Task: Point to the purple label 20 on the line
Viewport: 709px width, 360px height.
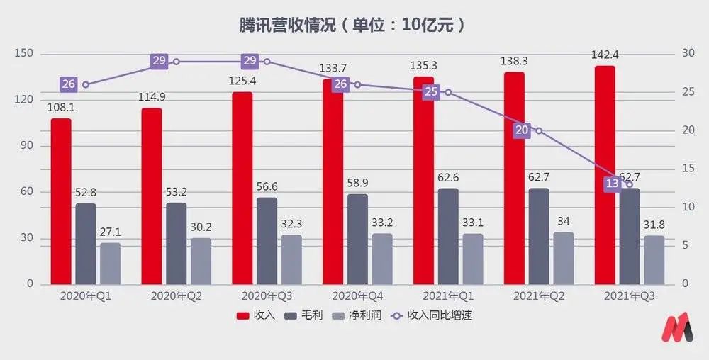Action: tap(522, 130)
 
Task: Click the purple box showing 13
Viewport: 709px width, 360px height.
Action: tap(613, 184)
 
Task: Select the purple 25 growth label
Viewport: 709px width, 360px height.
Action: tap(431, 92)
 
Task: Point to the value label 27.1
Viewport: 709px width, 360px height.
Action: tap(110, 232)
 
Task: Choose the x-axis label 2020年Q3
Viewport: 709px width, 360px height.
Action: tap(267, 296)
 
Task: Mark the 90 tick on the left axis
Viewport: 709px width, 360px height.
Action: tap(26, 146)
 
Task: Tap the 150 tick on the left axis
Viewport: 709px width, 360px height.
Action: tap(23, 55)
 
